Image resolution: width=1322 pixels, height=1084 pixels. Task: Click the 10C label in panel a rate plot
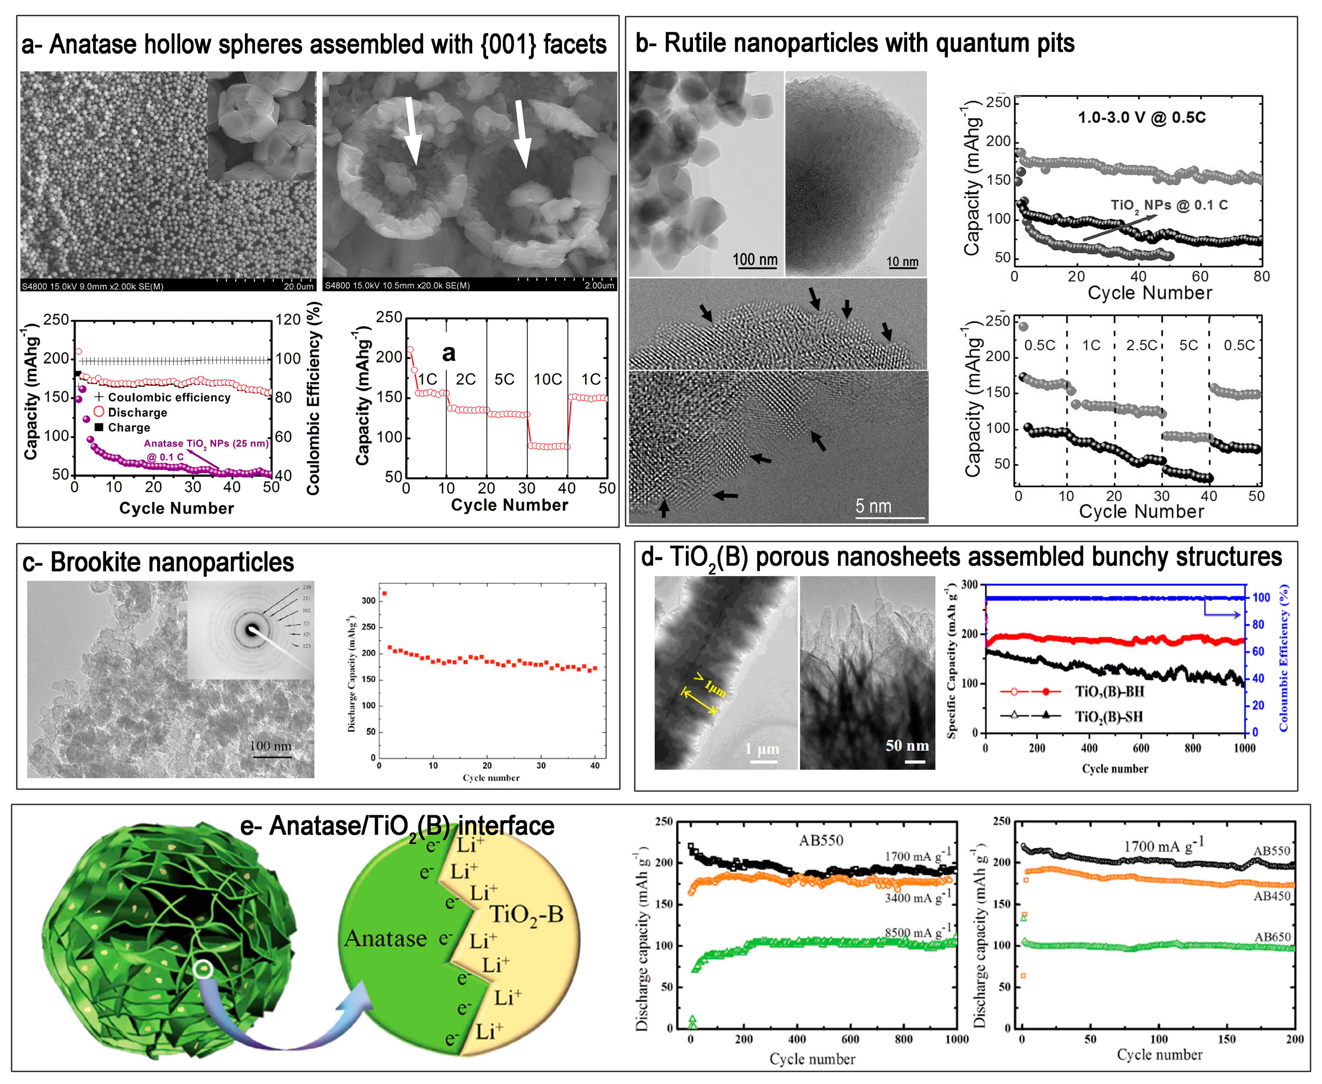pos(548,380)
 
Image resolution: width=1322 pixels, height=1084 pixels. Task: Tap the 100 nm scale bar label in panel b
pos(755,260)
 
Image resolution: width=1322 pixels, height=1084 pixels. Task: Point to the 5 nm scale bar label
pos(873,507)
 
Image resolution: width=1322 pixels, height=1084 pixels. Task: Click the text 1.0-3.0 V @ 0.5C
pos(1141,117)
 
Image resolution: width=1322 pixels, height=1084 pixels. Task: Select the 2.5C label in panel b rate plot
pos(1141,345)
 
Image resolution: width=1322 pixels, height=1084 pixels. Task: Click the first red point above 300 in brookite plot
pos(384,593)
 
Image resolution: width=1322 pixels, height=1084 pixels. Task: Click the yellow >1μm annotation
pos(709,686)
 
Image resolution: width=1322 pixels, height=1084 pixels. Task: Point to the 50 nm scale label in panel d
pos(907,746)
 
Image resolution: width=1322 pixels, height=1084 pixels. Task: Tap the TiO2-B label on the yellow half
pos(526,915)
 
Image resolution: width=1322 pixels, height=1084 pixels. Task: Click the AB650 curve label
pos(1272,937)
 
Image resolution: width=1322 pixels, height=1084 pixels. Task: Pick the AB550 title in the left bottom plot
pos(820,840)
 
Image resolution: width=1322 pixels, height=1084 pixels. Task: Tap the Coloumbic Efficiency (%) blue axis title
pos(1284,658)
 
